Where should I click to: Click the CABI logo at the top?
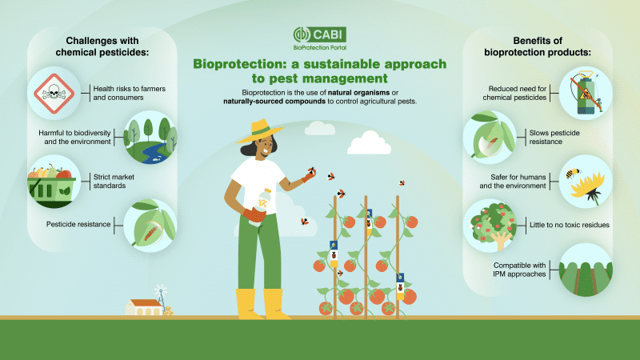point(318,38)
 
